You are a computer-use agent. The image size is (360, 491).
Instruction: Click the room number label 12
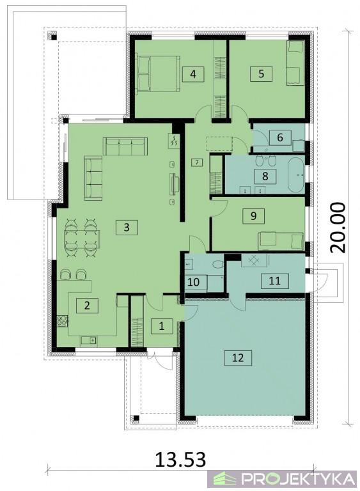pos(238,357)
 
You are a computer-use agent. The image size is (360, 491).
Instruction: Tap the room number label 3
pos(127,228)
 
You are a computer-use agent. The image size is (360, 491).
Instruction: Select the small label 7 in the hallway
pos(196,162)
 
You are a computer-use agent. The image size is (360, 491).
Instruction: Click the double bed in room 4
pos(158,74)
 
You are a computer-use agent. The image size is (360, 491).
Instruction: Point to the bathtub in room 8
pos(296,175)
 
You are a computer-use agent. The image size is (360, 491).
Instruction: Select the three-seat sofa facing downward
pos(125,146)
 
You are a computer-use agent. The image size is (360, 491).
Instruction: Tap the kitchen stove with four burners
pos(62,321)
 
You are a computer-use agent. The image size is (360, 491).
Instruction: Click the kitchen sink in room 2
pos(89,340)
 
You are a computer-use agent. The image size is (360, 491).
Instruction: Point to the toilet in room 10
pos(217,265)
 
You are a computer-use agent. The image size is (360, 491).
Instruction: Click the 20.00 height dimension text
pos(338,228)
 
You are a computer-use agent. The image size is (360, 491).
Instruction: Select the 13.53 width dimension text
pos(181,459)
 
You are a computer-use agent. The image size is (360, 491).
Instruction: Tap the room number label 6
pos(280,137)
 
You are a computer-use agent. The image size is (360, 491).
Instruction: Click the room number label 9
pos(253,215)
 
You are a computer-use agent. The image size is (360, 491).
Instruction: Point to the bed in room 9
pos(281,241)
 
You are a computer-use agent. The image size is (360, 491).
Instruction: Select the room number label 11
pos(275,280)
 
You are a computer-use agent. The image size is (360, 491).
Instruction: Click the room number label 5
pos(261,74)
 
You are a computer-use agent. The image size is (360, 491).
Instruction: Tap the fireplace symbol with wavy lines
pos(174,141)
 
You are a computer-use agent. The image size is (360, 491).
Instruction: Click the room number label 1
pos(162,326)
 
